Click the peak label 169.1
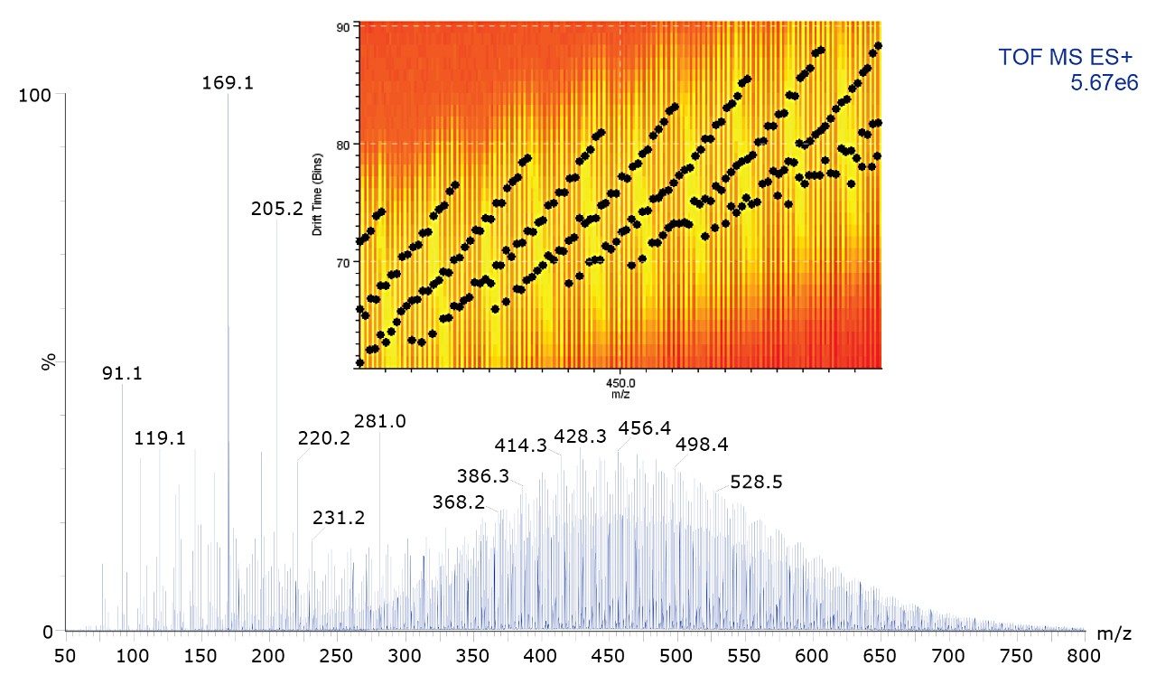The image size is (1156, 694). pyautogui.click(x=227, y=84)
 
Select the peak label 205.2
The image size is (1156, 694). pyautogui.click(x=276, y=209)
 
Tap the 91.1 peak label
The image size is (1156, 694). pyautogui.click(x=122, y=374)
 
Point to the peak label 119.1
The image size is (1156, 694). pyautogui.click(x=160, y=439)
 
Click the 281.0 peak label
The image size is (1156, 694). pyautogui.click(x=380, y=421)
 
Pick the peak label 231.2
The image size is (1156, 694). pyautogui.click(x=339, y=518)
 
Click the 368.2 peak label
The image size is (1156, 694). pyautogui.click(x=459, y=502)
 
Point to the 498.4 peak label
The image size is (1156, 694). pyautogui.click(x=702, y=445)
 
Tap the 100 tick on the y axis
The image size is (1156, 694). pyautogui.click(x=37, y=96)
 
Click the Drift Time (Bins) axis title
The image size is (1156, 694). pyautogui.click(x=318, y=197)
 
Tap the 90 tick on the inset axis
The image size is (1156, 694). pyautogui.click(x=344, y=26)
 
